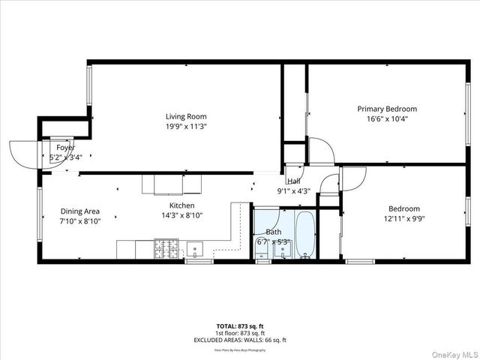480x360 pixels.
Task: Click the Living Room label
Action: point(186,116)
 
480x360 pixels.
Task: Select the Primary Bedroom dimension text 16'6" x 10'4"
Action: point(386,119)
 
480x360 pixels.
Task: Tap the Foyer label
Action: point(65,148)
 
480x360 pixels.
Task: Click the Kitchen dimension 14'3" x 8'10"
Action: point(181,215)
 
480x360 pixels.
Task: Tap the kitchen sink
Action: point(196,247)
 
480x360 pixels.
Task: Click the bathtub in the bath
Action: point(305,235)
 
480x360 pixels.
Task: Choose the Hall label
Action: point(294,181)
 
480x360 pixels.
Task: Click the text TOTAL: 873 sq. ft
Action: point(240,326)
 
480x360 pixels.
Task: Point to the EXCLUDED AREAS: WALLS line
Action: point(240,340)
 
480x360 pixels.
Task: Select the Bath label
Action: point(273,232)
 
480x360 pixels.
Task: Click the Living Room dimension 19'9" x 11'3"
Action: point(186,127)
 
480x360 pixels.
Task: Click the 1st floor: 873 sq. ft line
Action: point(240,333)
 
